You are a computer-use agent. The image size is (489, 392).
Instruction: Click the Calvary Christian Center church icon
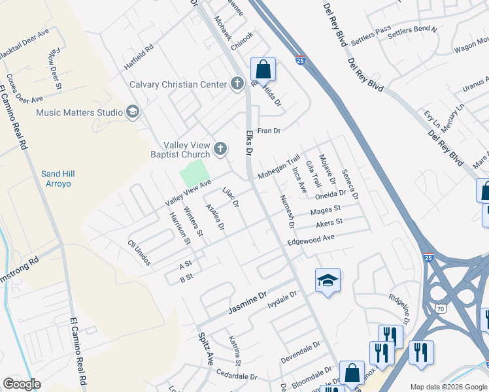[x=237, y=84]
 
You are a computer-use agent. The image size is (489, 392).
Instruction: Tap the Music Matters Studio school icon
[x=133, y=112]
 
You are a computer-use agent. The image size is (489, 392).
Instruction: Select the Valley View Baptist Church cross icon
[x=220, y=149]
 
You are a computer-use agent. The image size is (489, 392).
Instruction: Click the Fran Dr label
[x=268, y=131]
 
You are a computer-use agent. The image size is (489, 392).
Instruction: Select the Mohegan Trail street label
[x=278, y=168]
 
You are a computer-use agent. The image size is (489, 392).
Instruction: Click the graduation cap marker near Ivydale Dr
[x=328, y=281]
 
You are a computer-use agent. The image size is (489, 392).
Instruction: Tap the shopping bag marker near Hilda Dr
[x=263, y=69]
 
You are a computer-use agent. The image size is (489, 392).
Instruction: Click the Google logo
[x=22, y=384]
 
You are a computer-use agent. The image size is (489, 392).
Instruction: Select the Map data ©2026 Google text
[x=448, y=387]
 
